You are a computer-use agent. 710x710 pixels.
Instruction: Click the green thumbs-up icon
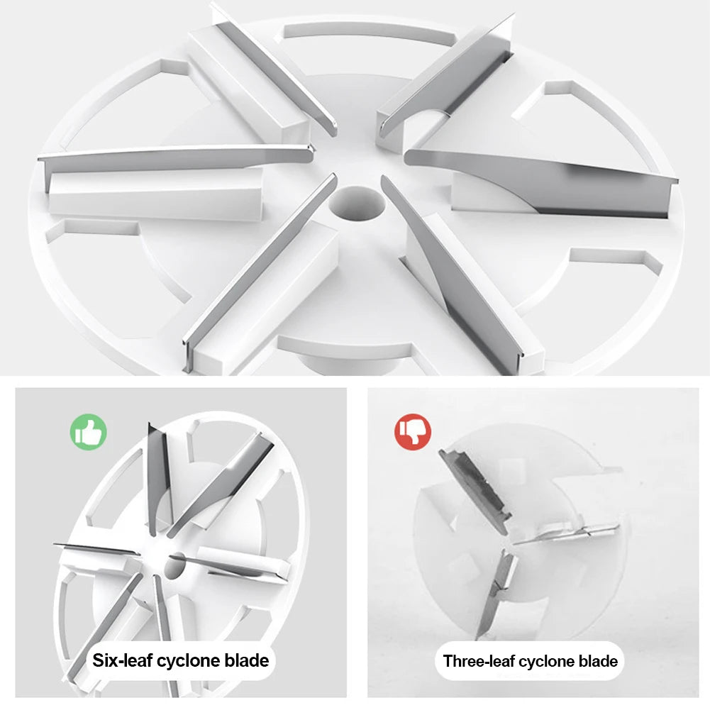click(x=88, y=432)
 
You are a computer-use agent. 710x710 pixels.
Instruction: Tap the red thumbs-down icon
click(x=413, y=432)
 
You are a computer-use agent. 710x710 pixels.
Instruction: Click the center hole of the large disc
click(x=357, y=204)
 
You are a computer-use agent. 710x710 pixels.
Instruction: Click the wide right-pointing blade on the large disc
click(x=542, y=184)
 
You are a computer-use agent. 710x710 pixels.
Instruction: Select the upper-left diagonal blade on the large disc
click(x=276, y=72)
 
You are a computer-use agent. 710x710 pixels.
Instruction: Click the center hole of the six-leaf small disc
click(x=174, y=565)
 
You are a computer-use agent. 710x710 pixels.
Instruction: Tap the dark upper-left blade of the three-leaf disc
click(x=475, y=492)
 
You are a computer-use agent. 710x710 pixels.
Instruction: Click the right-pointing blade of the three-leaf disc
click(x=566, y=533)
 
